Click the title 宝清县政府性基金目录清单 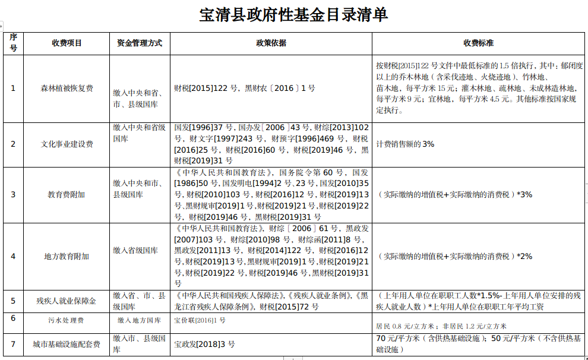point(293,15)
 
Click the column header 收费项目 point(67,43)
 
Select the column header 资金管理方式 point(140,43)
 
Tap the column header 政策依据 point(271,43)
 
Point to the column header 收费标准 point(479,43)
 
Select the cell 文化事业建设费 point(67,144)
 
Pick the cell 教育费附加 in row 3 point(67,194)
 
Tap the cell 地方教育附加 point(67,256)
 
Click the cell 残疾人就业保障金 point(67,301)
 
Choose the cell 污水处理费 point(67,320)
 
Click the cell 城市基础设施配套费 point(67,343)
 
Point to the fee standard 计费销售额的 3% point(405,144)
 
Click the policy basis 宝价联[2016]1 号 point(200,320)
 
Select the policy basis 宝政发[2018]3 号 point(204,343)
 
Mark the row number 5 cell point(13,301)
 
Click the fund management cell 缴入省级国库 point(135,251)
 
